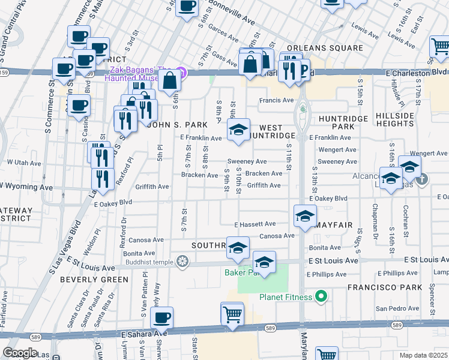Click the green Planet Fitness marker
tap(321, 296)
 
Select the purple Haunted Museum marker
tap(184, 73)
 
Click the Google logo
tap(20, 353)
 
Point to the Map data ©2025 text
tap(423, 355)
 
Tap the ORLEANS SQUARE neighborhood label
tap(325, 48)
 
